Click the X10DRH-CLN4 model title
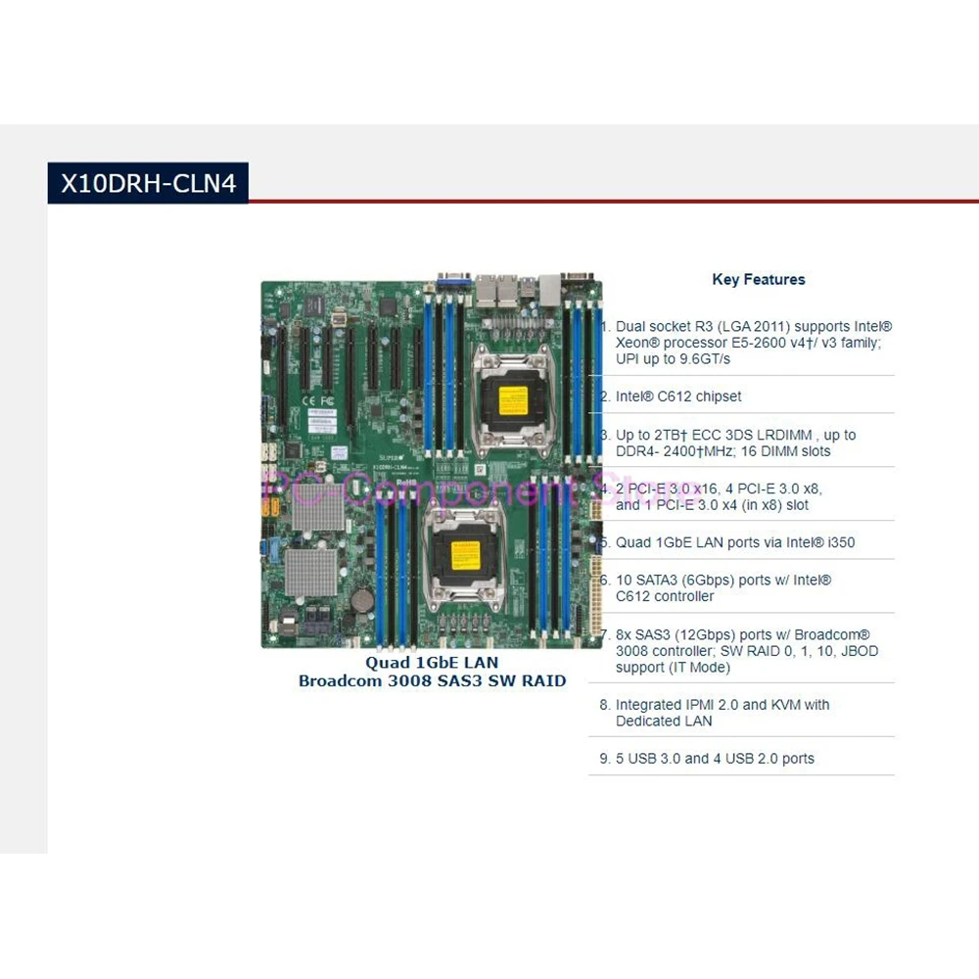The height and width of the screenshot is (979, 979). point(148,183)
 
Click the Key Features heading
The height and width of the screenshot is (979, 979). point(758,280)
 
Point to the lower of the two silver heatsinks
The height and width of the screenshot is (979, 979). point(311,570)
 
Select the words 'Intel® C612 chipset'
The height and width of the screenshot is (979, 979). point(678,396)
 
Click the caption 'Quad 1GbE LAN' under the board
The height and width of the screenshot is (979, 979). point(432,664)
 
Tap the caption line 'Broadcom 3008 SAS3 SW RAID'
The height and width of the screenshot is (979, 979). point(432,681)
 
